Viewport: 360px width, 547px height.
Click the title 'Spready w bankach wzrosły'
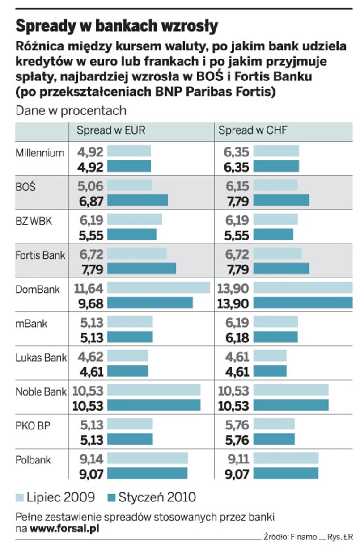[x=117, y=26]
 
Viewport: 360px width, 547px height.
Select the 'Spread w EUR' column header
[x=111, y=130]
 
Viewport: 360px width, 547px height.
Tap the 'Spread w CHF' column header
[x=253, y=130]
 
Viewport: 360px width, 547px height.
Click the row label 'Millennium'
[x=40, y=153]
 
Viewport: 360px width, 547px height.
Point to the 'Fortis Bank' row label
[x=40, y=256]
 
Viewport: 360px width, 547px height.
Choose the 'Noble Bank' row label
[x=41, y=392]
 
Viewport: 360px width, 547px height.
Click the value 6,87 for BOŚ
[x=90, y=201]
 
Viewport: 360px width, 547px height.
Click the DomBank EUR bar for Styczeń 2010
[x=149, y=303]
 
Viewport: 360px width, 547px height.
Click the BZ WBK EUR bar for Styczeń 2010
[x=131, y=235]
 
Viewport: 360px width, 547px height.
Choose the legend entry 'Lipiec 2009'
[x=56, y=497]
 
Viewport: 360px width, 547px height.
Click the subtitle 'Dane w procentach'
[x=71, y=110]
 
